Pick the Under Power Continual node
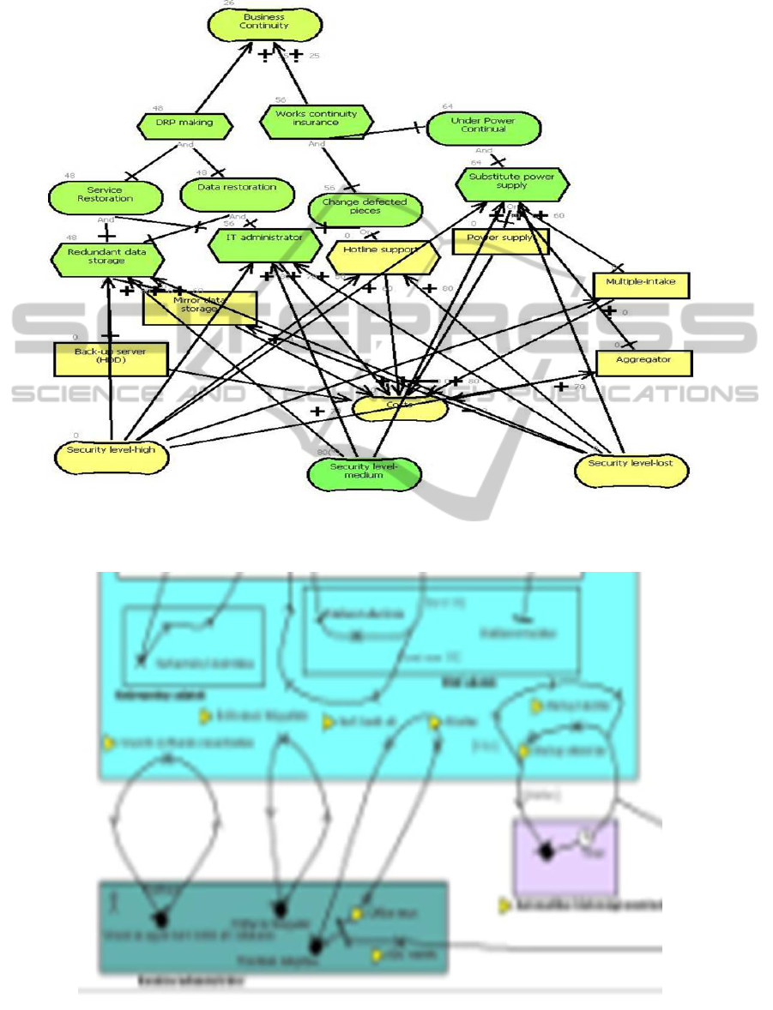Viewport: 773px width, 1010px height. (x=484, y=127)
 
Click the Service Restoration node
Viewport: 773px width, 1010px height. (x=105, y=195)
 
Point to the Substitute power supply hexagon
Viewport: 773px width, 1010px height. (x=512, y=182)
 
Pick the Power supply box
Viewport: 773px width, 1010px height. (x=500, y=241)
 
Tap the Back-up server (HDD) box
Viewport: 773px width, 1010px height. (x=111, y=358)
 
